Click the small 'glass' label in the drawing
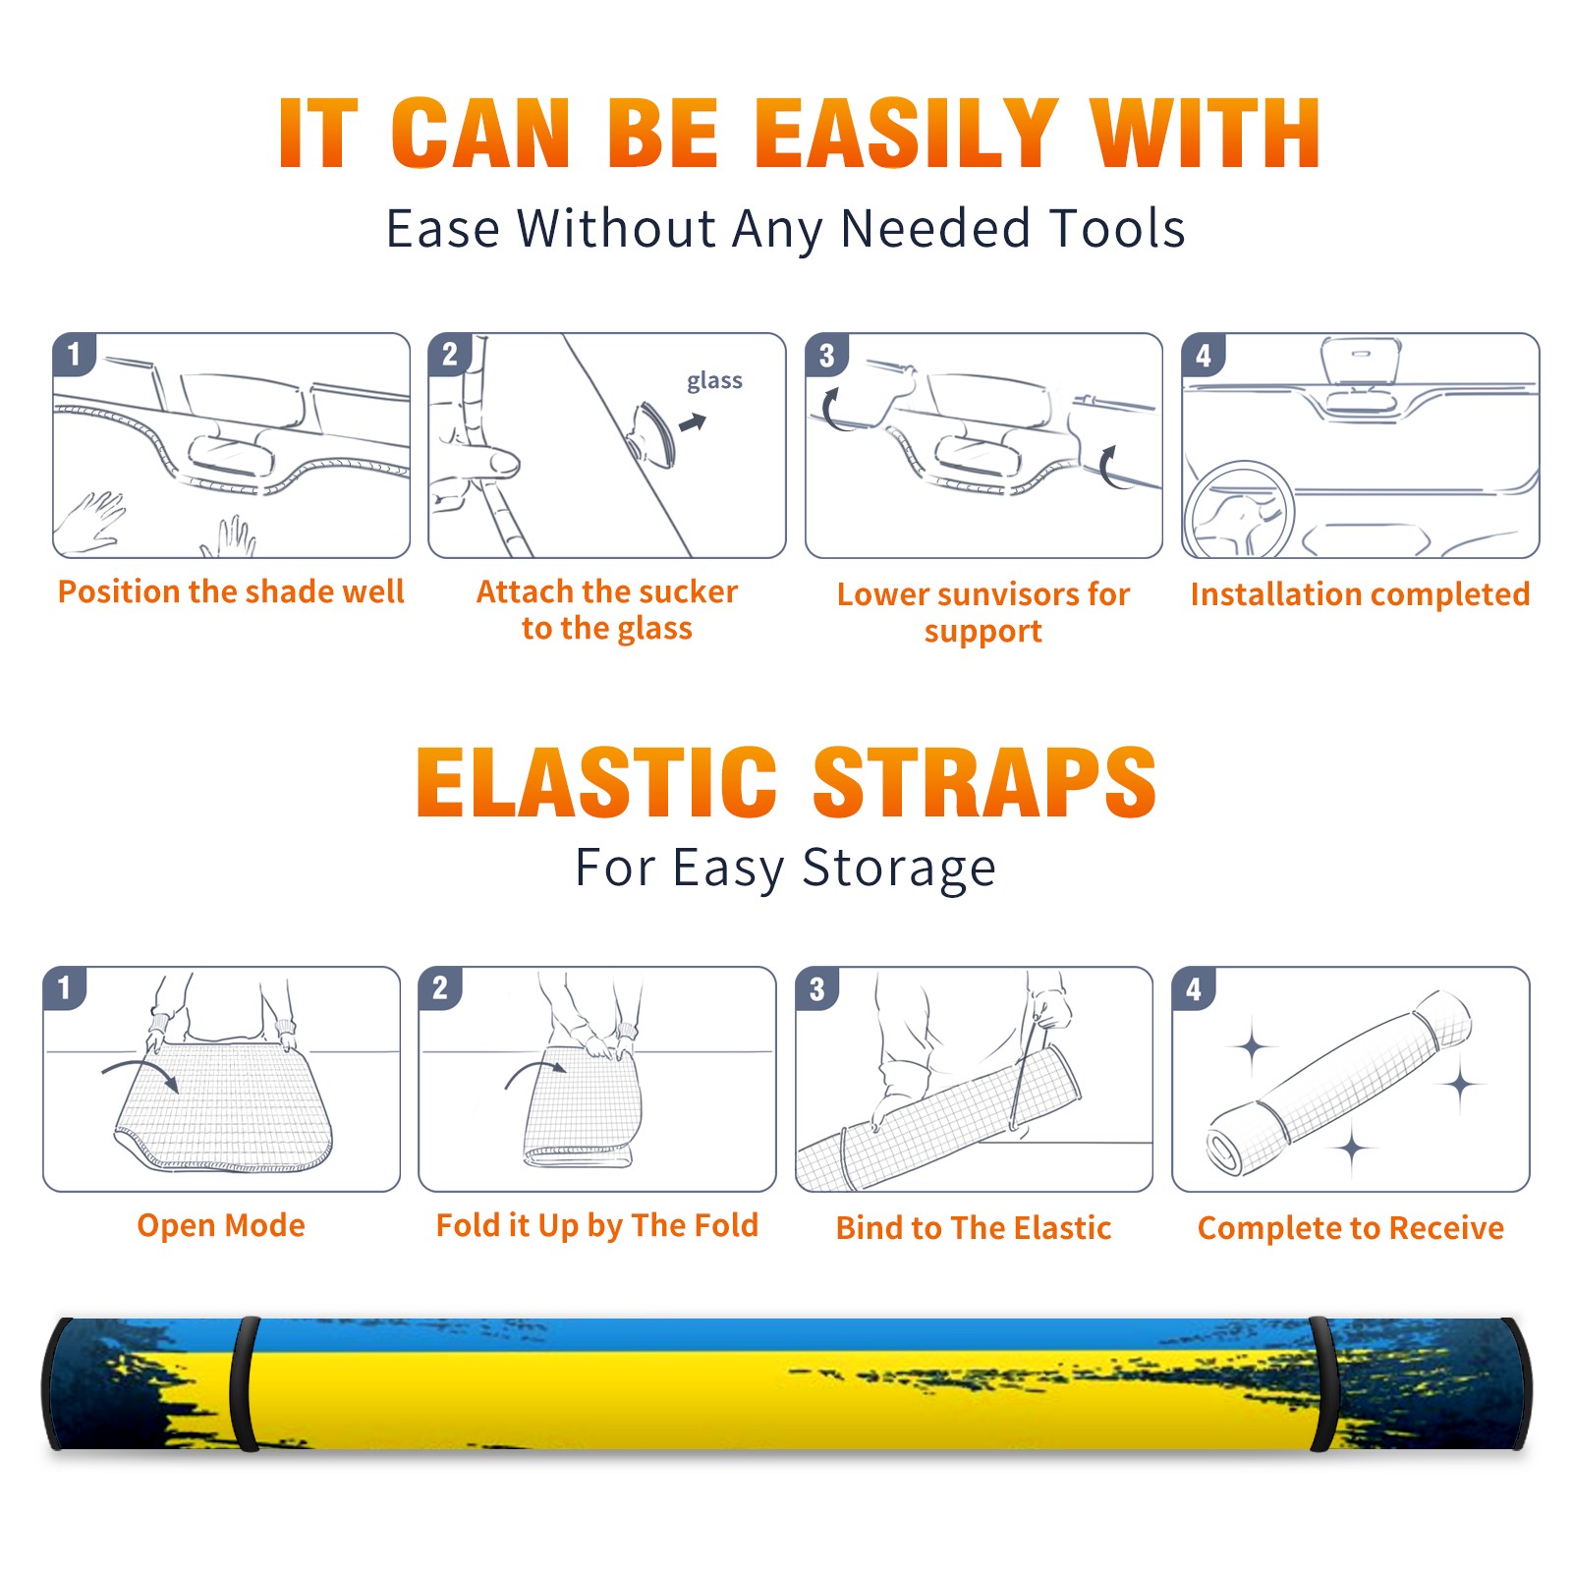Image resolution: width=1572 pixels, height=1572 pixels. coord(714,381)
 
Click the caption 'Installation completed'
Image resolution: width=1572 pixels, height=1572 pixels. coord(1360,593)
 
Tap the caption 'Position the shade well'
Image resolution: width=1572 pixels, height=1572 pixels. coord(231,590)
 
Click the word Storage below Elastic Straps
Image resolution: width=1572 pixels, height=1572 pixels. coord(899,868)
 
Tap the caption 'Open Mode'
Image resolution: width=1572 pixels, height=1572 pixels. coord(221,1224)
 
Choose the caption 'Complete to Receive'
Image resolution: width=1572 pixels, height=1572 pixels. coord(1351,1227)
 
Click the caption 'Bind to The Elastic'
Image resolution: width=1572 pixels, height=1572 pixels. coord(974,1227)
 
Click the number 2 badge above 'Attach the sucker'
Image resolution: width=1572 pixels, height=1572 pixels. coord(450,354)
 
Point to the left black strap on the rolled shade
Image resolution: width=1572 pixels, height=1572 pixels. coord(244,1383)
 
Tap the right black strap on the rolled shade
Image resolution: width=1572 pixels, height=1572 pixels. coord(1324,1383)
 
